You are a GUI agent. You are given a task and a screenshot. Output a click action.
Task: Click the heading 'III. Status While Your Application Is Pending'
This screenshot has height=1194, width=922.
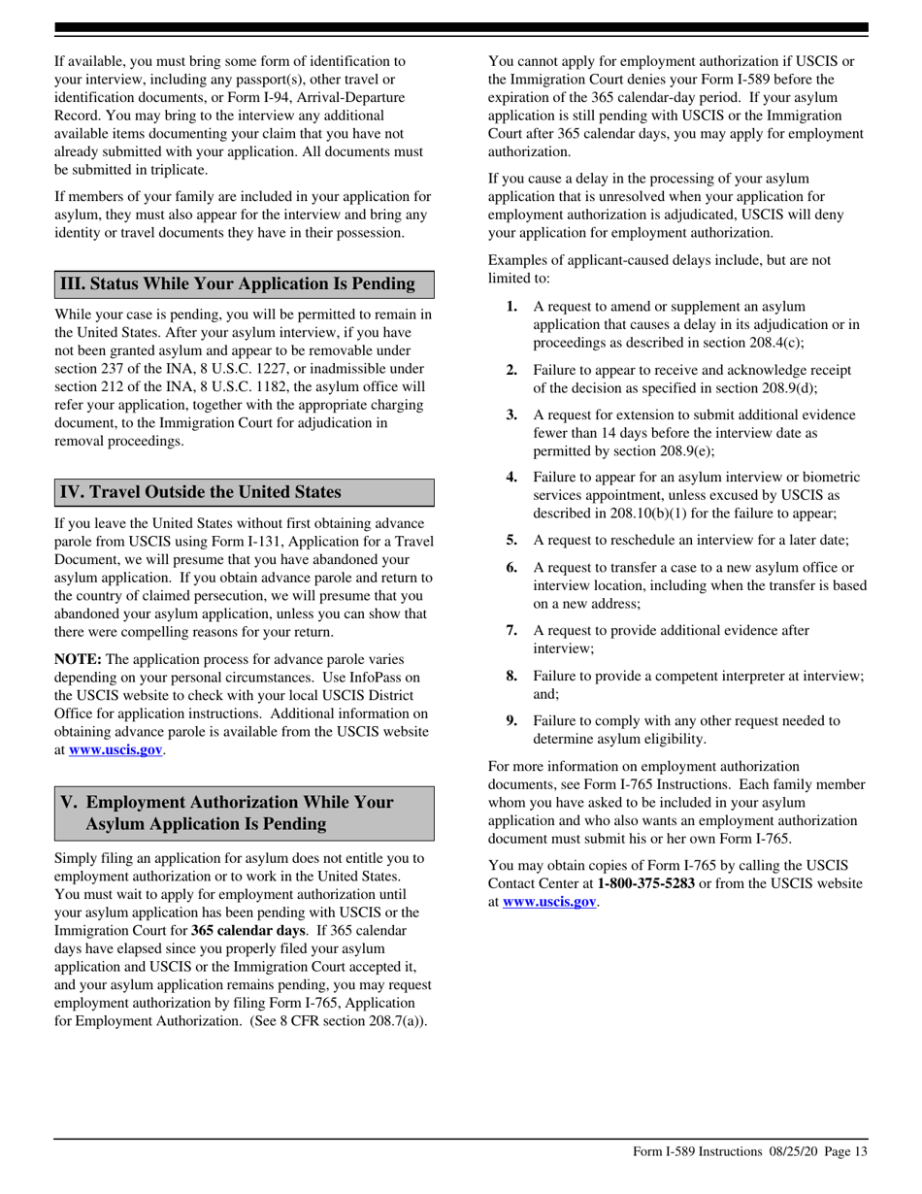coord(238,283)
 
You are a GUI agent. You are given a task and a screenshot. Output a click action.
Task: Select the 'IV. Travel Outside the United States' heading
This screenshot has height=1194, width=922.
coord(201,491)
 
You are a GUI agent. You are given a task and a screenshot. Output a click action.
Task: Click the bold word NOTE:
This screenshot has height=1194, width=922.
coord(78,659)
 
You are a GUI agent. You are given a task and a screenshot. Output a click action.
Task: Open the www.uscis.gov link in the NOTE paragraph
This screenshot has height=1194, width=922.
coord(115,749)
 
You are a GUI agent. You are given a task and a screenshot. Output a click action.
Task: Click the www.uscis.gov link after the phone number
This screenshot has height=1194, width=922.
coord(549,901)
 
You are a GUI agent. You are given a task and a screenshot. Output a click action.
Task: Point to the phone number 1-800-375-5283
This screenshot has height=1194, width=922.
coord(645,883)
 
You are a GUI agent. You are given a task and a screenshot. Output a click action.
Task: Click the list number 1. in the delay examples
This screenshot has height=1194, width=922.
coord(511,307)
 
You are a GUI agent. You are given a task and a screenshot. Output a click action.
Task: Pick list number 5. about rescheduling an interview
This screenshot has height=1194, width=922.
coord(511,540)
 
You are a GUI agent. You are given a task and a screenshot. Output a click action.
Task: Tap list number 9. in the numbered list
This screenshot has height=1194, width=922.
coord(511,720)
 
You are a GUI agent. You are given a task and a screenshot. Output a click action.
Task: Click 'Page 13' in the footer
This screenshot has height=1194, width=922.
coord(845,1151)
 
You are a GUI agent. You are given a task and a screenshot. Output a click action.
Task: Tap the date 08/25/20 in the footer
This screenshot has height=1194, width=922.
coord(793,1151)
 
